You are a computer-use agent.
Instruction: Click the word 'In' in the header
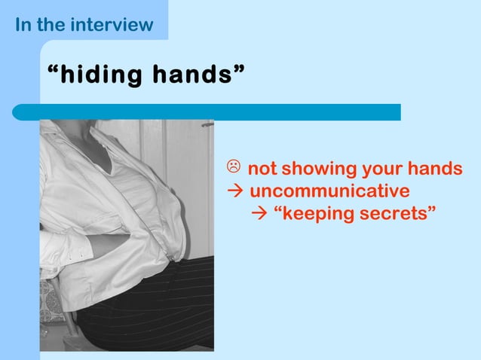pos(23,24)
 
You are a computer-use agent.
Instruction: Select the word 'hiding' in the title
pos(101,75)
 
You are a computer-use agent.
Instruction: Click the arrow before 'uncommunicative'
pos(234,191)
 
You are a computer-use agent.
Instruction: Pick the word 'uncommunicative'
pos(329,191)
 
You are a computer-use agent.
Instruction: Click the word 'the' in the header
pos(51,24)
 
